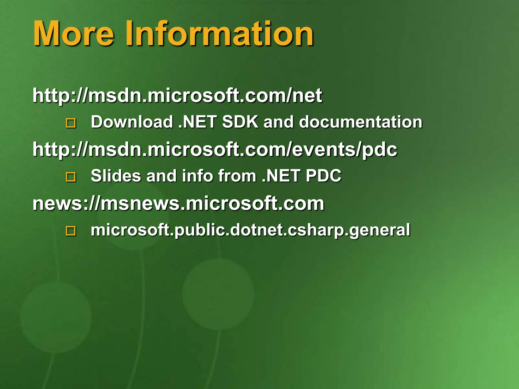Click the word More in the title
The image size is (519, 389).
click(73, 33)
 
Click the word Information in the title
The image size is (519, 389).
click(219, 33)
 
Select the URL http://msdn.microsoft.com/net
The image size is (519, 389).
click(177, 96)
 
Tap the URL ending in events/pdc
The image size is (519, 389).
click(215, 150)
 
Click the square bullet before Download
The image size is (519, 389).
click(71, 123)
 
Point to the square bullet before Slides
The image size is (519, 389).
click(71, 177)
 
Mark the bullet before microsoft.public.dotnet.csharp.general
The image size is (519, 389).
click(71, 231)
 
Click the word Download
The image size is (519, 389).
click(132, 122)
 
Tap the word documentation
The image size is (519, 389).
click(361, 122)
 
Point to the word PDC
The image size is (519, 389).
click(323, 176)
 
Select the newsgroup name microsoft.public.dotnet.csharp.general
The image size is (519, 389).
click(250, 230)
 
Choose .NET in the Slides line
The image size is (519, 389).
click(281, 176)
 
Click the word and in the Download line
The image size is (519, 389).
click(279, 122)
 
